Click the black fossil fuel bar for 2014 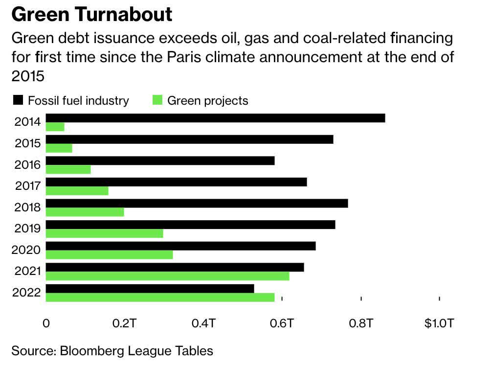pos(215,118)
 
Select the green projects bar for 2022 pos(160,297)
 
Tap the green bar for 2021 pos(167,276)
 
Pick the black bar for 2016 pos(160,160)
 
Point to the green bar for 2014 pos(55,127)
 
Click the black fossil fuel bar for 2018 pos(197,203)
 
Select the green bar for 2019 pos(104,233)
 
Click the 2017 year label pos(27,186)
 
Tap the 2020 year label pos(27,250)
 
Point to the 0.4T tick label pos(203,324)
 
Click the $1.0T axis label pos(439,324)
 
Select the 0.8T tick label pos(361,324)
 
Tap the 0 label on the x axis pos(46,324)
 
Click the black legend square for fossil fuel pos(18,101)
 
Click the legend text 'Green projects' pos(208,101)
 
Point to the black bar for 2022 pos(150,289)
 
